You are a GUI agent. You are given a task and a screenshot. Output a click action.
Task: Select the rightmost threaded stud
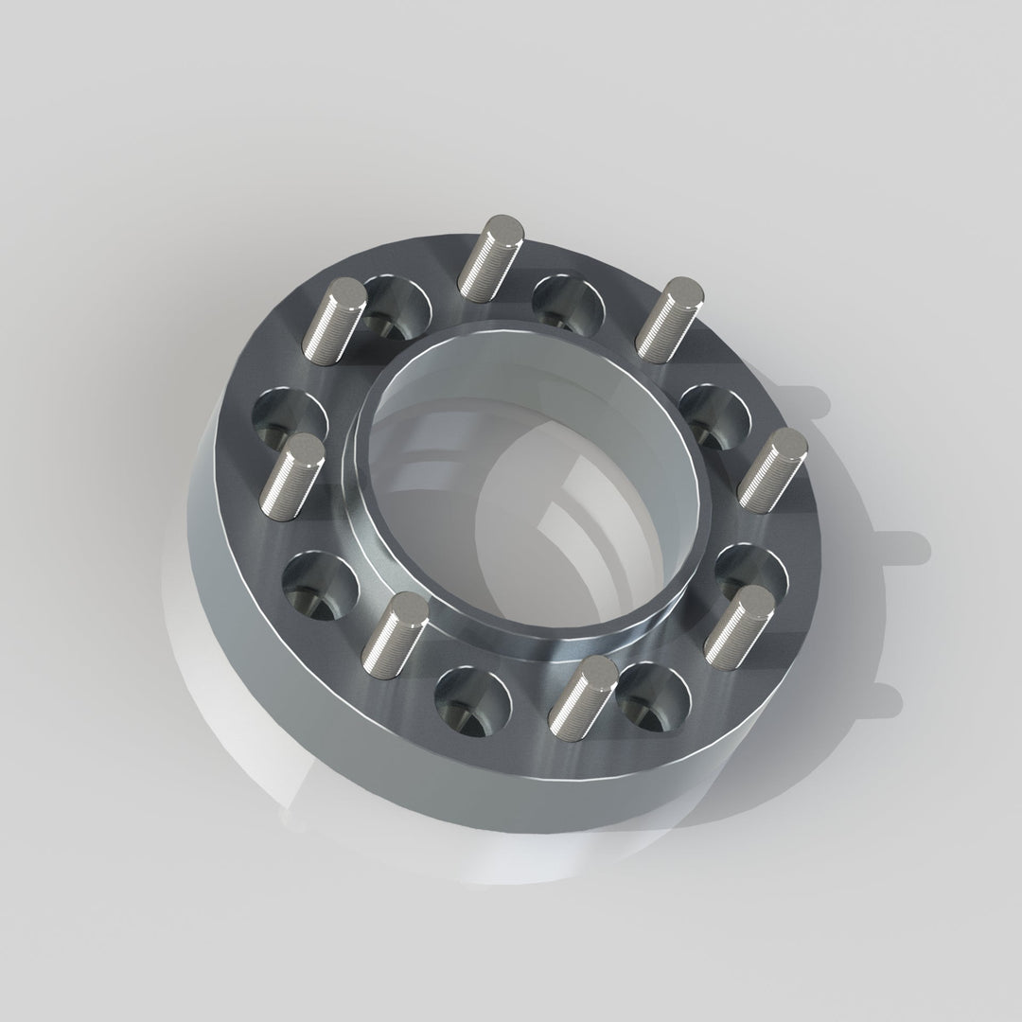coord(773,468)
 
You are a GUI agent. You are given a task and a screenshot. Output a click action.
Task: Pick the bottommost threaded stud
coord(583,698)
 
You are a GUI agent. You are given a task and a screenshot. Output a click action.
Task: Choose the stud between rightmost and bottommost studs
coord(738,626)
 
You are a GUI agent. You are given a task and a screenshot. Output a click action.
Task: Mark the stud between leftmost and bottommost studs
coord(395,633)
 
